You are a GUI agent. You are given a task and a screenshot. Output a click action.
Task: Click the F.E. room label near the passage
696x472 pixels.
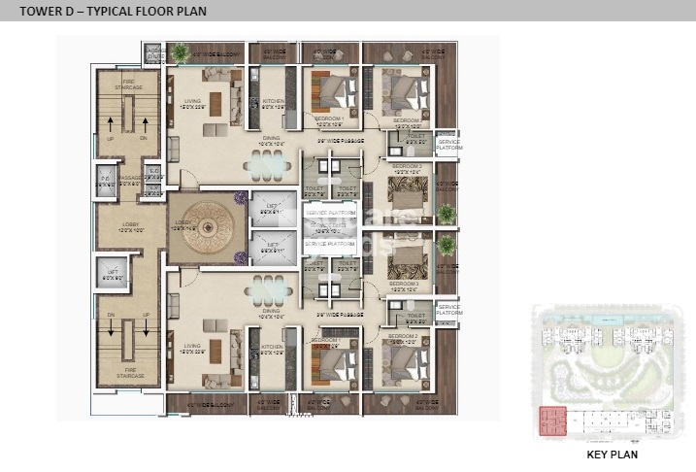click(x=107, y=180)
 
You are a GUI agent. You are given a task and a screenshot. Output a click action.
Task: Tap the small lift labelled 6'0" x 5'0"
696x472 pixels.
click(x=113, y=275)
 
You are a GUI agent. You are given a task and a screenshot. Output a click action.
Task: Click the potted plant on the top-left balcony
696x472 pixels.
click(x=181, y=51)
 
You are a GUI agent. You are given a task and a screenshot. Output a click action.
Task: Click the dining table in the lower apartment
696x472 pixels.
click(x=266, y=287)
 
